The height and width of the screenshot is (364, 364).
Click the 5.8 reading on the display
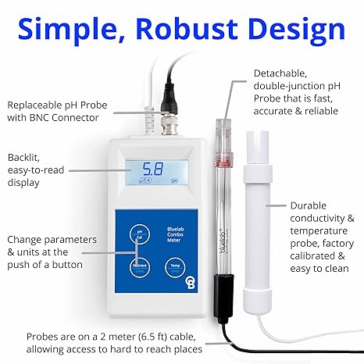[153, 168]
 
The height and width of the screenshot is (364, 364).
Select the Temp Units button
[175, 268]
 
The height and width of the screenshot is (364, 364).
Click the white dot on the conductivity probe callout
[268, 205]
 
